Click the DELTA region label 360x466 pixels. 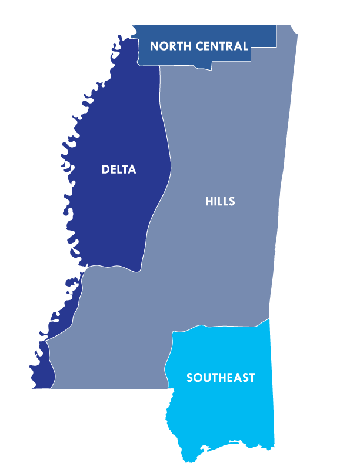(119, 169)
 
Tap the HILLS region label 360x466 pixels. (220, 201)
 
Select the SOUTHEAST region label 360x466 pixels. (221, 378)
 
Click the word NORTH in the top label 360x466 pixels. (171, 46)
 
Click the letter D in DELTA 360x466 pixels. (105, 169)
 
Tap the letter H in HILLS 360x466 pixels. (209, 201)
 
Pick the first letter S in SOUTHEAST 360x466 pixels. (190, 378)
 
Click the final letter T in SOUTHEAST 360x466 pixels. (252, 378)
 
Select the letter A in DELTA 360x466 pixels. (132, 169)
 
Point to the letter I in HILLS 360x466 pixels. (215, 201)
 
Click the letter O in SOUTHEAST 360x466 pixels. (198, 378)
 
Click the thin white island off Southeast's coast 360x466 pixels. (235, 441)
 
